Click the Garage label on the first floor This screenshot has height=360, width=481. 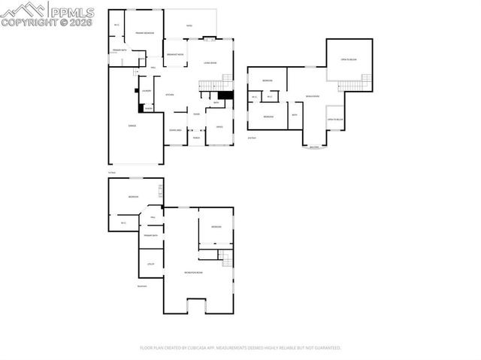tap(132, 126)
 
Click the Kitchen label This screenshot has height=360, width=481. tap(170, 95)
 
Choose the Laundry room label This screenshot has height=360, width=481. tap(147, 91)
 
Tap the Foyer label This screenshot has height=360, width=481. tap(195, 114)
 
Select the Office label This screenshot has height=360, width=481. tap(219, 127)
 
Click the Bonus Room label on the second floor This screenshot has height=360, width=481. tap(312, 96)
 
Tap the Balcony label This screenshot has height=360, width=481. tap(314, 147)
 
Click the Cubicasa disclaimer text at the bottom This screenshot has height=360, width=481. tap(240, 348)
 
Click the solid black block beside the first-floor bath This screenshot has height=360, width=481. tap(228, 95)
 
